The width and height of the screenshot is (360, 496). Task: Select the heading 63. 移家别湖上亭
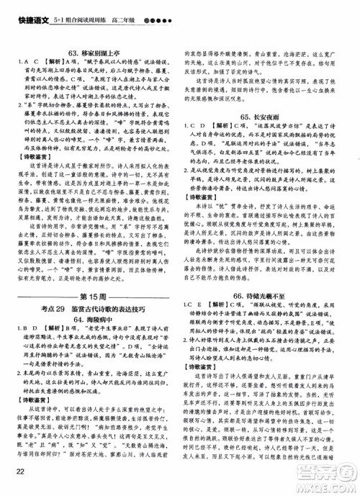click(96, 52)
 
